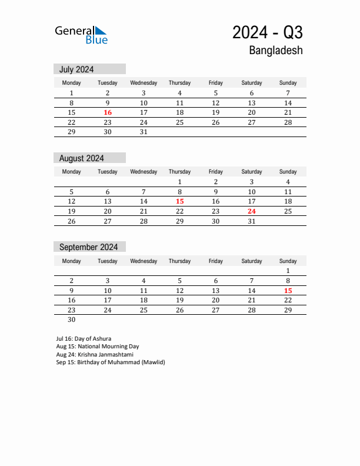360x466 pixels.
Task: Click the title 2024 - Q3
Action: point(268,32)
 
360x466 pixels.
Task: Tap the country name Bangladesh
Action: point(276,51)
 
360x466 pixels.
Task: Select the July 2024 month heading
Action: point(76,69)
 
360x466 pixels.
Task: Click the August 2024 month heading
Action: point(82,158)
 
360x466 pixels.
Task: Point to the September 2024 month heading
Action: point(88,247)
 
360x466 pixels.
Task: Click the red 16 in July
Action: point(108,112)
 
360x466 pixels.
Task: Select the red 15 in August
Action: point(179,201)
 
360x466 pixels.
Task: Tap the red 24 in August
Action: point(252,211)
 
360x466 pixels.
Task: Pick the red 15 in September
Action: point(288,290)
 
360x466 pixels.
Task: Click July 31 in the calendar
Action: point(144,132)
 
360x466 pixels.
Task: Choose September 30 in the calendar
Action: point(72,319)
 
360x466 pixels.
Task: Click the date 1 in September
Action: point(288,271)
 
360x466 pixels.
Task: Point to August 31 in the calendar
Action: point(252,221)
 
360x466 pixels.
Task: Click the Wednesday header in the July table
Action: point(144,83)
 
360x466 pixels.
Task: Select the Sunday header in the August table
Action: point(288,172)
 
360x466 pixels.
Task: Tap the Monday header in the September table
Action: point(72,261)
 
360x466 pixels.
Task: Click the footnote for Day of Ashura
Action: point(84,339)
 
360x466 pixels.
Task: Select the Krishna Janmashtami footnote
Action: point(95,355)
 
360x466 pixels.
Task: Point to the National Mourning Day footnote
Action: point(98,347)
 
